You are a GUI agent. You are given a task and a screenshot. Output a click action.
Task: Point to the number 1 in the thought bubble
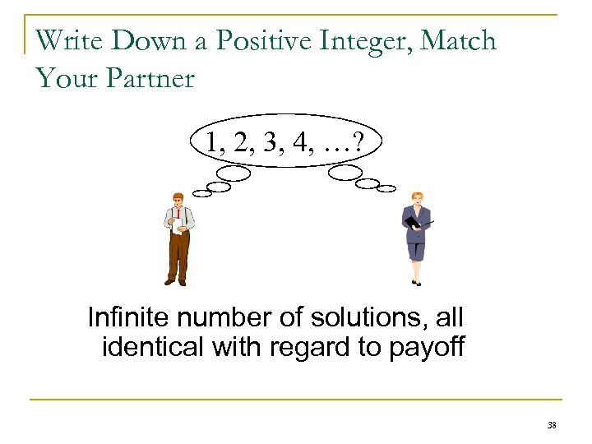[213, 142]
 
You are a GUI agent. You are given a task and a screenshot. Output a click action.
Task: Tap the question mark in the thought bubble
[363, 142]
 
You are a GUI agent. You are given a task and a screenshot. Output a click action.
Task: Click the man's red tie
[178, 216]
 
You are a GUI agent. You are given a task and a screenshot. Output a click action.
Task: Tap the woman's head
[416, 199]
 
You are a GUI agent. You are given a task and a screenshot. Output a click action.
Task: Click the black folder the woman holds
[414, 219]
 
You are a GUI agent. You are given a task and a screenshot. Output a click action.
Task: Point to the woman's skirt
[416, 247]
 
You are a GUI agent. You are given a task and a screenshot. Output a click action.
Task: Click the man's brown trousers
[178, 255]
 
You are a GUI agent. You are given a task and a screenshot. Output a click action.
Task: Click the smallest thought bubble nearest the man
[201, 193]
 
